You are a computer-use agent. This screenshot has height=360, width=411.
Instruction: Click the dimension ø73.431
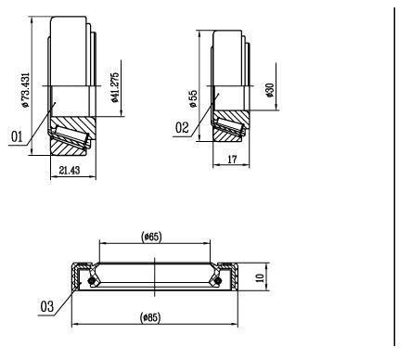[25, 90]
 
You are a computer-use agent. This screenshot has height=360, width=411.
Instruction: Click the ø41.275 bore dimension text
[114, 87]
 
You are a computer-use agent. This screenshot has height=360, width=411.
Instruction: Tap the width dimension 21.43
[70, 170]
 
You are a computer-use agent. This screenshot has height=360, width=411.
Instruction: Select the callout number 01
[17, 136]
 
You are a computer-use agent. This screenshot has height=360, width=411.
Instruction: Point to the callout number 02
[182, 127]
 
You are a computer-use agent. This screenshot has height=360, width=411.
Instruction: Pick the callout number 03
[47, 306]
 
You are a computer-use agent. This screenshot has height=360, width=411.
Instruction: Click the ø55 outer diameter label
[193, 98]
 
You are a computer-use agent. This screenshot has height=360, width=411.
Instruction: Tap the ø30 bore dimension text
[270, 90]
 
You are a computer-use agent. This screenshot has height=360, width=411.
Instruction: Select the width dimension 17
[232, 160]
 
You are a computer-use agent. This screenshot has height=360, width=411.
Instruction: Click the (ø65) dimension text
[151, 237]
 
